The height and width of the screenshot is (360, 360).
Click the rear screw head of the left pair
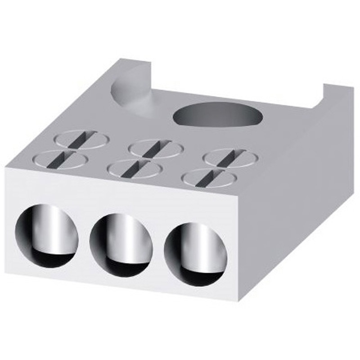click(81, 138)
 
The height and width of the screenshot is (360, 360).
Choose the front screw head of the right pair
click(209, 178)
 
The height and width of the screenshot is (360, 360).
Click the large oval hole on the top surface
click(217, 113)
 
